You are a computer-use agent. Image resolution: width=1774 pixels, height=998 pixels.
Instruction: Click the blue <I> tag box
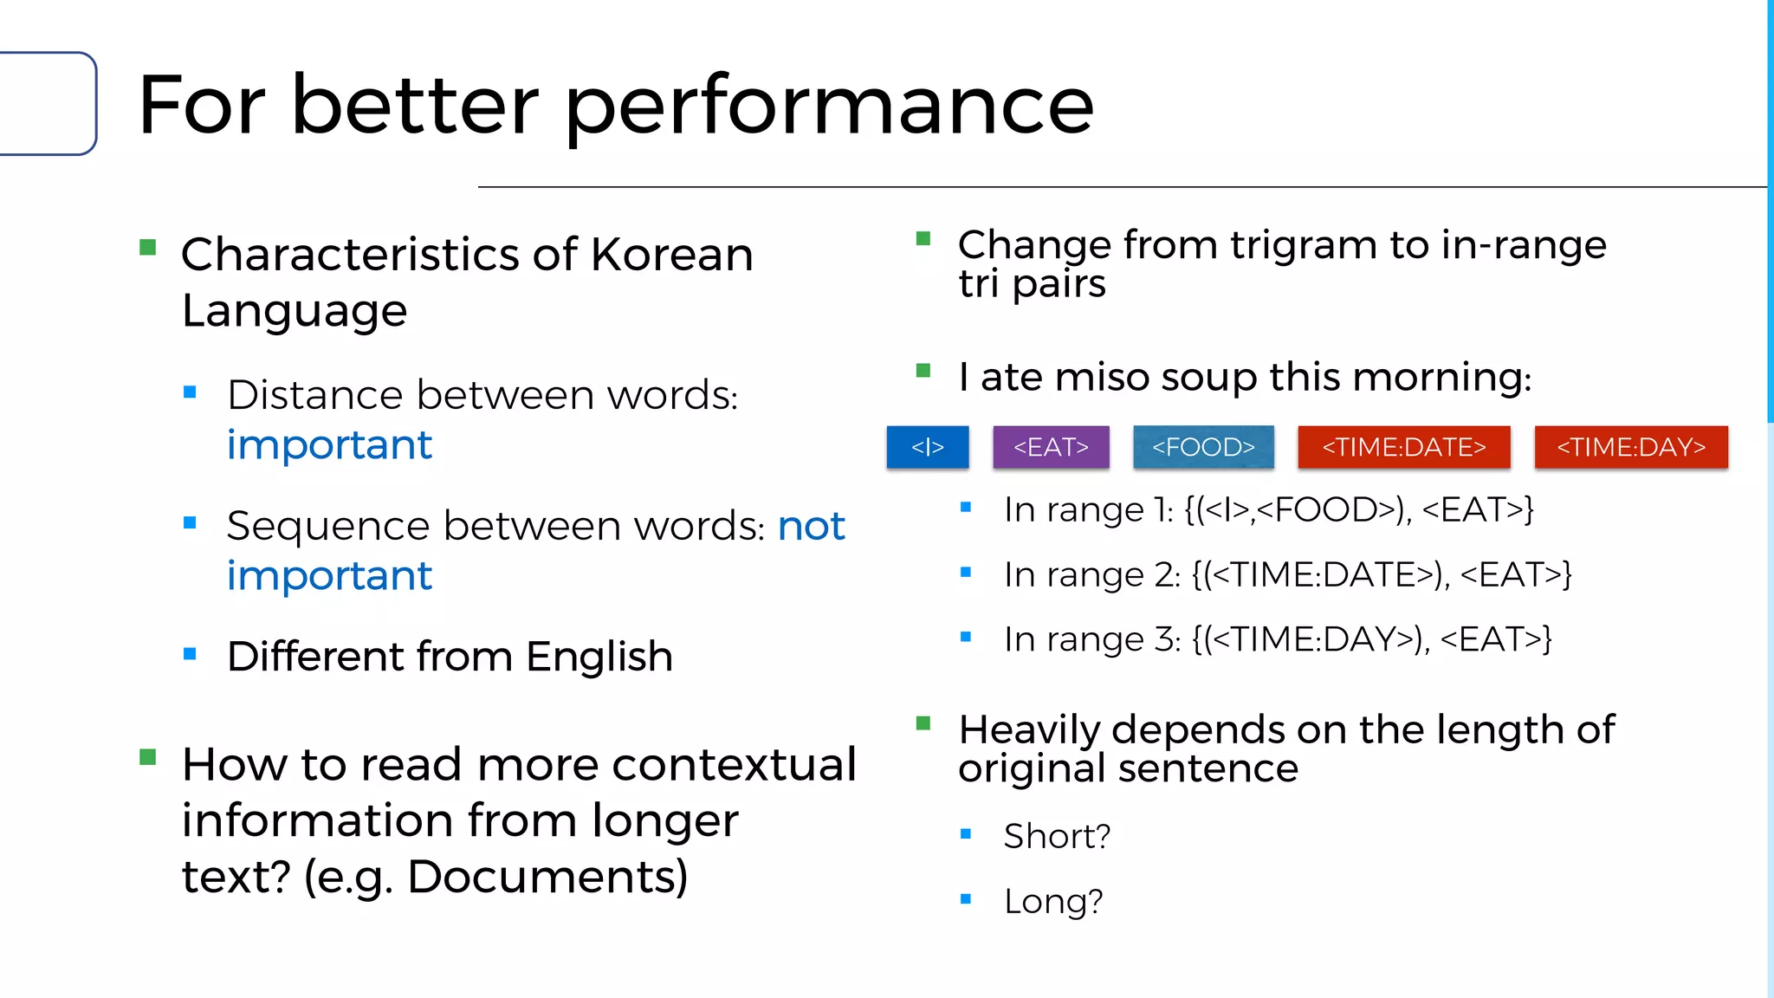(927, 447)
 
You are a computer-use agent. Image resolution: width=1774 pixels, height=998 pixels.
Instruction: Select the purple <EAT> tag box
(1051, 447)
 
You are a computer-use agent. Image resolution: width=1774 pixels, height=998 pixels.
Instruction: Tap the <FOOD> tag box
(1203, 447)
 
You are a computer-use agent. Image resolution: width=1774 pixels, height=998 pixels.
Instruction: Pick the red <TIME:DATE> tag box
(1403, 447)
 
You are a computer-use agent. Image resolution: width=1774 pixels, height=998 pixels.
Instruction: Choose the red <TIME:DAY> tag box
(1630, 447)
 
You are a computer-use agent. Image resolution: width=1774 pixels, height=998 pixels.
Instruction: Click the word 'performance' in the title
(830, 107)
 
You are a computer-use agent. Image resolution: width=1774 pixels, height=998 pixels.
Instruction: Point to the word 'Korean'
(671, 255)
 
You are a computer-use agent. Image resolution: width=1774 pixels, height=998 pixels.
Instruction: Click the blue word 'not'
(811, 526)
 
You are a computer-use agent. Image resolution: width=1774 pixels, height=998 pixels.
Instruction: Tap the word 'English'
(599, 657)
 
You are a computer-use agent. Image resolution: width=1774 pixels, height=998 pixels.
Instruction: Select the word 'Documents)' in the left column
(547, 877)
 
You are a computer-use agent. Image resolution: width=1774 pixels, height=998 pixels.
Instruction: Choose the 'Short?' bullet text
(1057, 836)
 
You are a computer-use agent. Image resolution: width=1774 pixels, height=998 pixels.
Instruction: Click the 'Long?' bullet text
(1053, 901)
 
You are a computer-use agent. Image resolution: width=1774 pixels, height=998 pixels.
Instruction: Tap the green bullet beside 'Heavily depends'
(923, 723)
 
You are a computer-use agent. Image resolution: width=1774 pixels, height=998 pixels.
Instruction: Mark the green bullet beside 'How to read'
(148, 758)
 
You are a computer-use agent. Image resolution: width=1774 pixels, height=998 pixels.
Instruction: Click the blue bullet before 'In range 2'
(966, 572)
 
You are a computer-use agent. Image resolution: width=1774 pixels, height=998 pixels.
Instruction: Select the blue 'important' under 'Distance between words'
(329, 445)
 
